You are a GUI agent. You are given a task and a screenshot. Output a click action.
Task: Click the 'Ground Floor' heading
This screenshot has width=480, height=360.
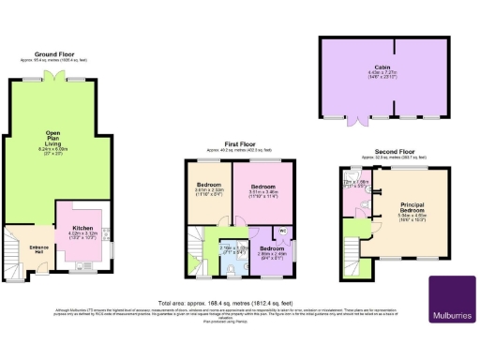pos(54,54)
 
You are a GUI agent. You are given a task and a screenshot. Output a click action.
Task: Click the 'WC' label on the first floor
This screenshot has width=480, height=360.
pos(281,230)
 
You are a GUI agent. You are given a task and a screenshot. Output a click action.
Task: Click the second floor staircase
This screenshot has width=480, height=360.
pos(354,256)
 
